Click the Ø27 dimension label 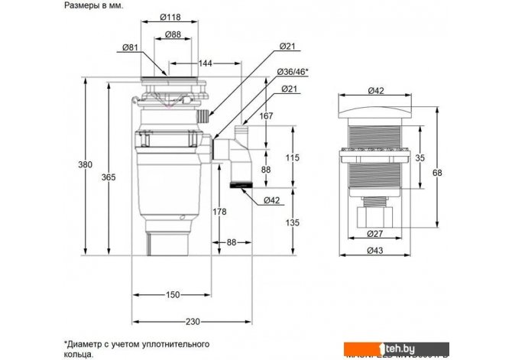click(375, 234)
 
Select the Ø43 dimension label click(375, 251)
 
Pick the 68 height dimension click(437, 172)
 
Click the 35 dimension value click(419, 158)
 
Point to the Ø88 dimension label click(173, 34)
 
